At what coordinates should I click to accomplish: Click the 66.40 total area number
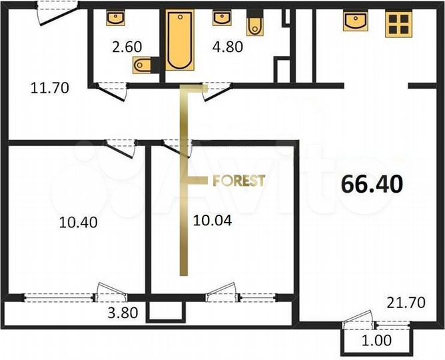click(372, 184)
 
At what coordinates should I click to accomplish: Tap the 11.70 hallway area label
click(50, 87)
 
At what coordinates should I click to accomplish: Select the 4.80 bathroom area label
click(226, 47)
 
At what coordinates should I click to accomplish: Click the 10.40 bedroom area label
click(79, 223)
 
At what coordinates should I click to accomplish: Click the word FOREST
click(238, 180)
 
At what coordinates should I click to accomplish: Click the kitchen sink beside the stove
click(356, 21)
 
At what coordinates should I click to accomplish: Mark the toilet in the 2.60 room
click(144, 65)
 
